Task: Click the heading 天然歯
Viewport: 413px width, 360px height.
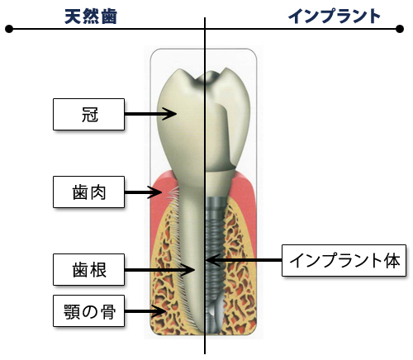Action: pos(91,17)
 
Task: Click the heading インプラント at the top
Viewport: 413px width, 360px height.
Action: pos(335,17)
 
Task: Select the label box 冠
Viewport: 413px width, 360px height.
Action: pos(88,114)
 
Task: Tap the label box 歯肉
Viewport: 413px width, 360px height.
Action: pos(88,192)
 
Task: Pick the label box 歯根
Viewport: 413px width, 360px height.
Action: pos(88,270)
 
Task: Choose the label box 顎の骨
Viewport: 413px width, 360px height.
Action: pos(88,311)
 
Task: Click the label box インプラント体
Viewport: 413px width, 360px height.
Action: pos(344,260)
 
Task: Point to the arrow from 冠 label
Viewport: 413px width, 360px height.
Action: pos(150,114)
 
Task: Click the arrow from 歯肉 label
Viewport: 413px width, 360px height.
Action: pos(143,192)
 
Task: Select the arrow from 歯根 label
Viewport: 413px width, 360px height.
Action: pos(159,270)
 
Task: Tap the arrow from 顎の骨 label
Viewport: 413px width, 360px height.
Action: pos(145,311)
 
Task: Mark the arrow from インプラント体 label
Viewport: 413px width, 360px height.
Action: pos(244,260)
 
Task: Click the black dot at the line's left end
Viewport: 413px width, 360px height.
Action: pos(9,29)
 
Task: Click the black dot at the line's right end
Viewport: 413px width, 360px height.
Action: pos(400,29)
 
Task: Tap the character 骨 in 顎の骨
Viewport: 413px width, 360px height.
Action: pos(108,311)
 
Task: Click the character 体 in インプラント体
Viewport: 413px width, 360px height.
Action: pos(392,260)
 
